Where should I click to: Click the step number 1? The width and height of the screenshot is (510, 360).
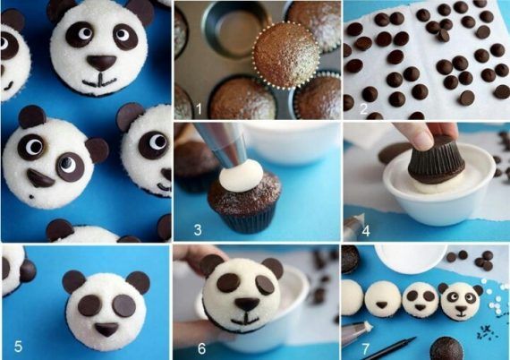click(x=199, y=109)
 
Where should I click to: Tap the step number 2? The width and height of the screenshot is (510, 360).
click(x=363, y=108)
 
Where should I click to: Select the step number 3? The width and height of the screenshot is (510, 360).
click(x=198, y=230)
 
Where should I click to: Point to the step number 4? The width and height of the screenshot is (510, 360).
click(x=366, y=230)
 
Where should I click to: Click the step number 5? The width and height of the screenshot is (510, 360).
click(x=18, y=347)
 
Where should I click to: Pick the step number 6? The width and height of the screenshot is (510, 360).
click(x=201, y=348)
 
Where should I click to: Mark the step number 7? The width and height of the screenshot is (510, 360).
click(x=366, y=349)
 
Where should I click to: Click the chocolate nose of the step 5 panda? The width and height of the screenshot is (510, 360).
click(x=106, y=330)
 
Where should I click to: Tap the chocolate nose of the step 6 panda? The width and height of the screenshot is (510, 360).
click(x=247, y=304)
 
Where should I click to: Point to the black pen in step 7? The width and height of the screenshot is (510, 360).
click(x=395, y=348)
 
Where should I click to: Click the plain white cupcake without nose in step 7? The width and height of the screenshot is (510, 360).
click(x=352, y=298)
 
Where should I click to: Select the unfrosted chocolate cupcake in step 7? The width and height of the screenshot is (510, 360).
click(x=446, y=349)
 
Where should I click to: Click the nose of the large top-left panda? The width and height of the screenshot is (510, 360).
click(x=101, y=63)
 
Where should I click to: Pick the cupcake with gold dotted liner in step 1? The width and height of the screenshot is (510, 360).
click(x=286, y=54)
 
